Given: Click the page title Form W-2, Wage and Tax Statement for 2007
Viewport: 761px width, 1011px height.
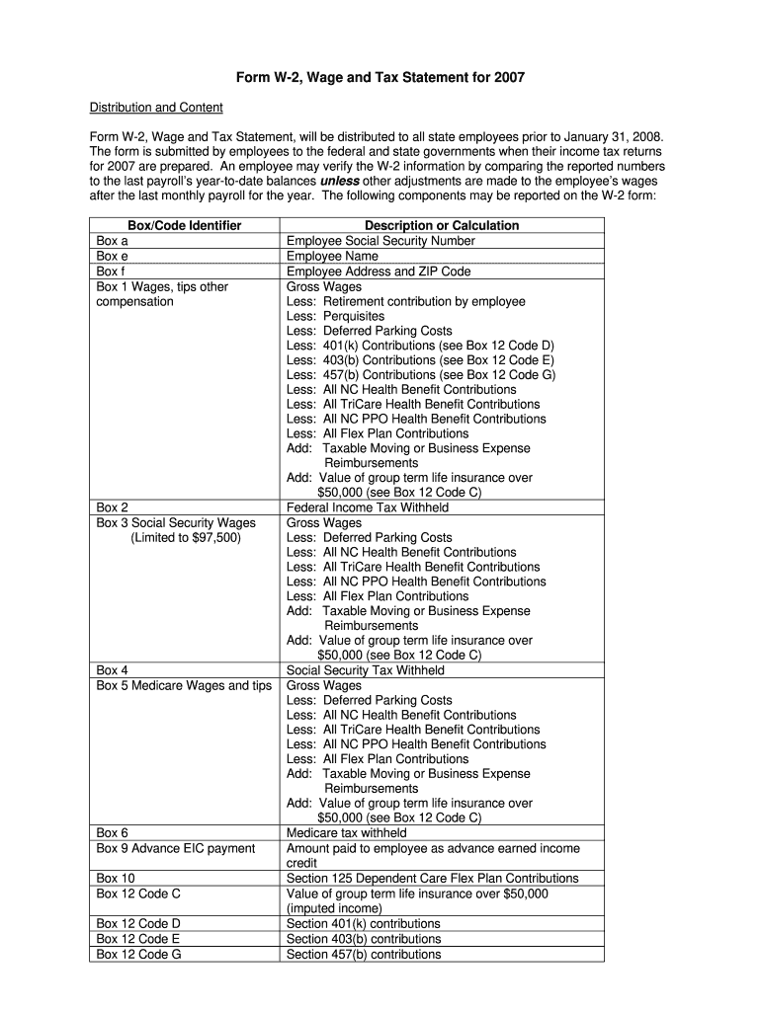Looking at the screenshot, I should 380,77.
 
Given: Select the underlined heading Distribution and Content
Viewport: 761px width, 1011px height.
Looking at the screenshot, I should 156,107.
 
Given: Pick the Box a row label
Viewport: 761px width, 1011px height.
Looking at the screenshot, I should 112,241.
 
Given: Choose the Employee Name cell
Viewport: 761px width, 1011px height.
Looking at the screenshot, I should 332,256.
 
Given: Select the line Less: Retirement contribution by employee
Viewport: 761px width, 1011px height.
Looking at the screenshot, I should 405,301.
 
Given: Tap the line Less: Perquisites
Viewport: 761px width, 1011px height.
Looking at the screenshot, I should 335,316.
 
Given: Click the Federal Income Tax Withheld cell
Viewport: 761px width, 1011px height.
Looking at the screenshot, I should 367,507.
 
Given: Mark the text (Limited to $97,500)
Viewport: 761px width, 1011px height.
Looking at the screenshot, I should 185,537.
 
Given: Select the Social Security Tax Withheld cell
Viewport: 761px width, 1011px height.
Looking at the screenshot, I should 365,670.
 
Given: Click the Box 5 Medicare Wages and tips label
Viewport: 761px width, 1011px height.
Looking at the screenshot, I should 183,685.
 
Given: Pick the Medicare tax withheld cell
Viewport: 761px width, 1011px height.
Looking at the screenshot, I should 346,833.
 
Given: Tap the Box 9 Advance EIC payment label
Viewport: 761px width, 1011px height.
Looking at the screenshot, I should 175,848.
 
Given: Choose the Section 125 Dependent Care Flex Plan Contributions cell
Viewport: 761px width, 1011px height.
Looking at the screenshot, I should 432,878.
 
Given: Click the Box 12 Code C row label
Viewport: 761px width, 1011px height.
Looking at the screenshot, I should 138,894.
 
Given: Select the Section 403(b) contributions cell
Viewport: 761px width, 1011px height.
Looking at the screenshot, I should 364,939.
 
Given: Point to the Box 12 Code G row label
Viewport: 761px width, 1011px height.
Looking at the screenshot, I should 138,954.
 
